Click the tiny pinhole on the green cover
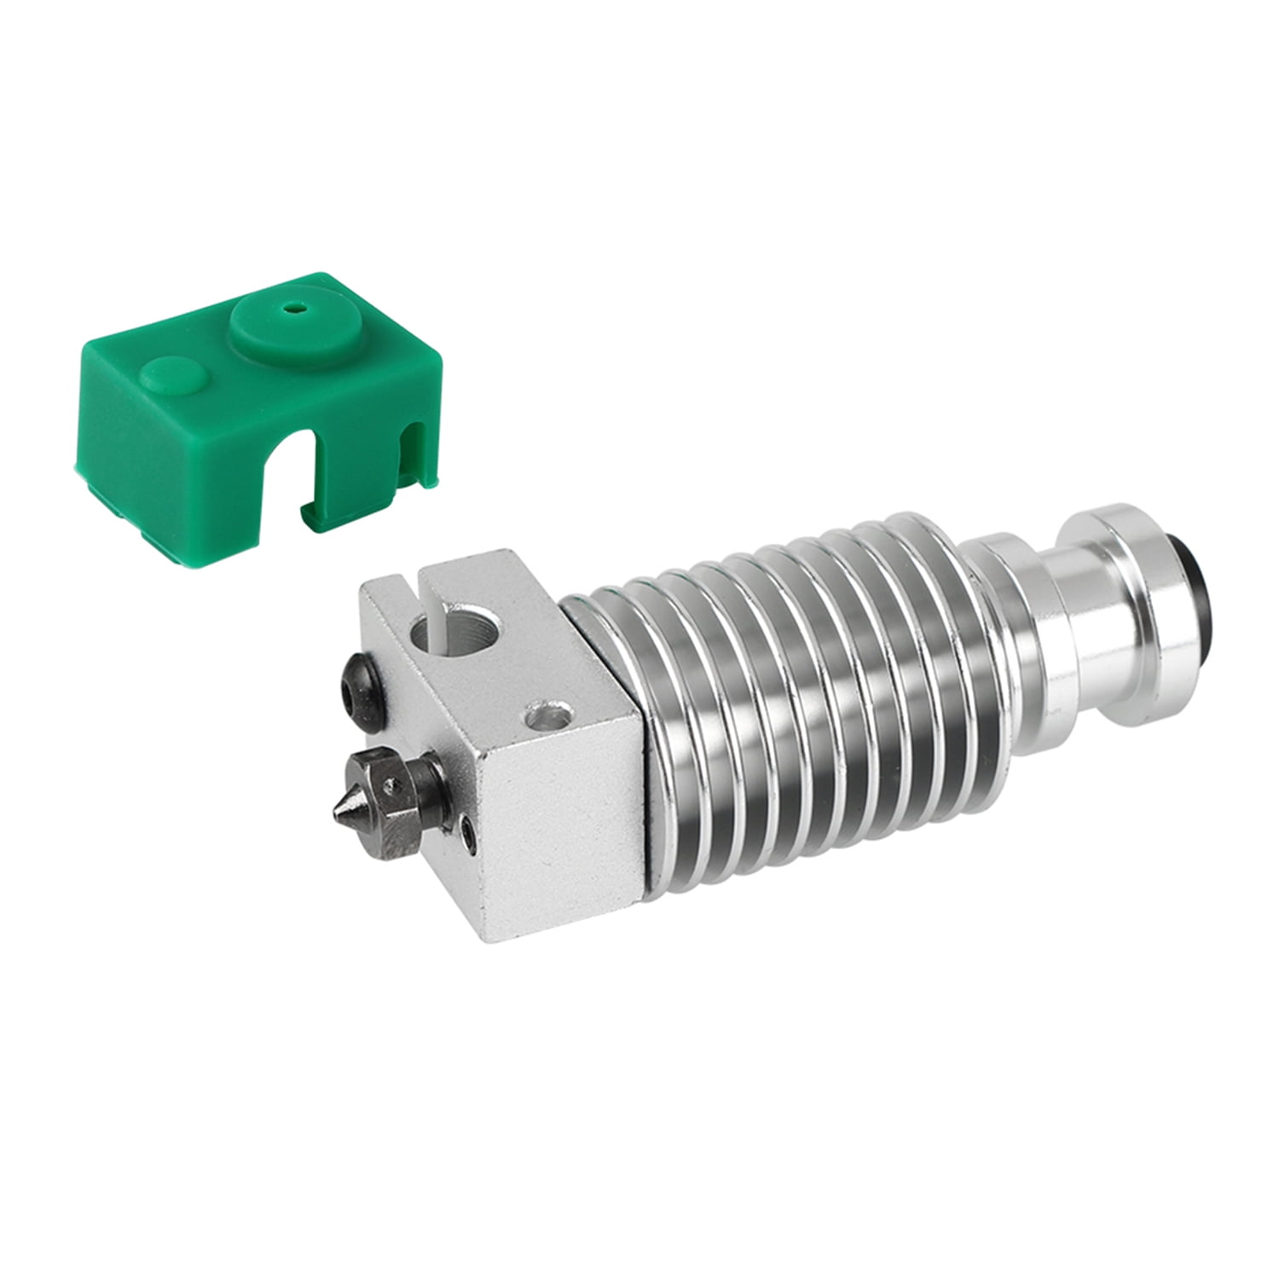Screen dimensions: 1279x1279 pyautogui.click(x=297, y=306)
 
